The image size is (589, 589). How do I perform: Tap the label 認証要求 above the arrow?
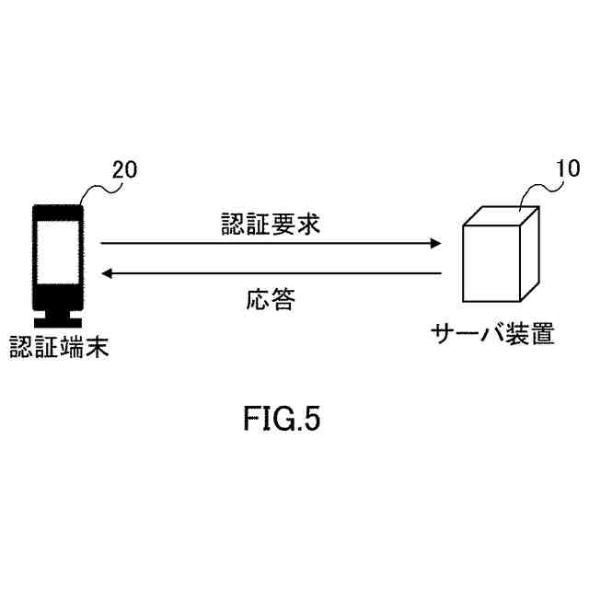271,224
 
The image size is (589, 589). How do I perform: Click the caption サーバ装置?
493,334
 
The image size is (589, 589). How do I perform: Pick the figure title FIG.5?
282,420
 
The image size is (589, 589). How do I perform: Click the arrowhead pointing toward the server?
434,244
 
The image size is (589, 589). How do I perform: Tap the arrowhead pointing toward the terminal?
108,273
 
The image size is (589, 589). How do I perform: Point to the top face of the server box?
502,214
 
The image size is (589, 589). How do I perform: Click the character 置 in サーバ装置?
543,334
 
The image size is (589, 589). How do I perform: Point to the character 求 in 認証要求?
308,224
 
